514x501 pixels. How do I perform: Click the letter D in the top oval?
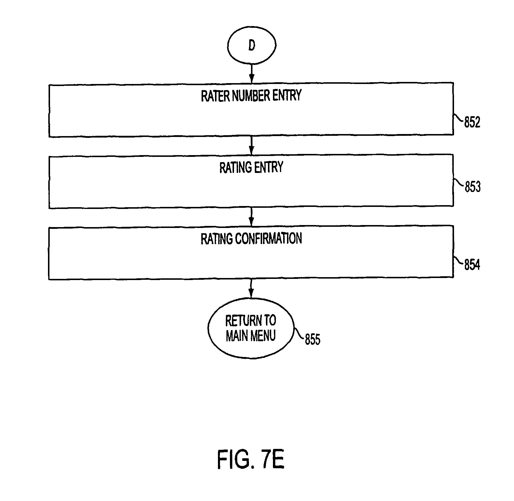pyautogui.click(x=252, y=45)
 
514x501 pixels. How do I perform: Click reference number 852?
pyautogui.click(x=472, y=122)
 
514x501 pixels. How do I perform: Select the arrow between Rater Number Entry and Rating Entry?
pyautogui.click(x=251, y=145)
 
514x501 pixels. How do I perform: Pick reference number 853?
pyautogui.click(x=473, y=187)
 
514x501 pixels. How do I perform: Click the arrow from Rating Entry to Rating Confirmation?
pyautogui.click(x=251, y=217)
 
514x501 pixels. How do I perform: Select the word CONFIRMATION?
pyautogui.click(x=269, y=239)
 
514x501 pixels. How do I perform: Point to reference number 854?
pyautogui.click(x=472, y=265)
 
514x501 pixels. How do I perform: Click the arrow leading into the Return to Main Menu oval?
pyautogui.click(x=251, y=289)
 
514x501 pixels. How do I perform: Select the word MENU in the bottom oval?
pyautogui.click(x=262, y=335)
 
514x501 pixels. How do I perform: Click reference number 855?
pyautogui.click(x=313, y=339)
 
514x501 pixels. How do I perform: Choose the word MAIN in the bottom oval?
pyautogui.click(x=237, y=335)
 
